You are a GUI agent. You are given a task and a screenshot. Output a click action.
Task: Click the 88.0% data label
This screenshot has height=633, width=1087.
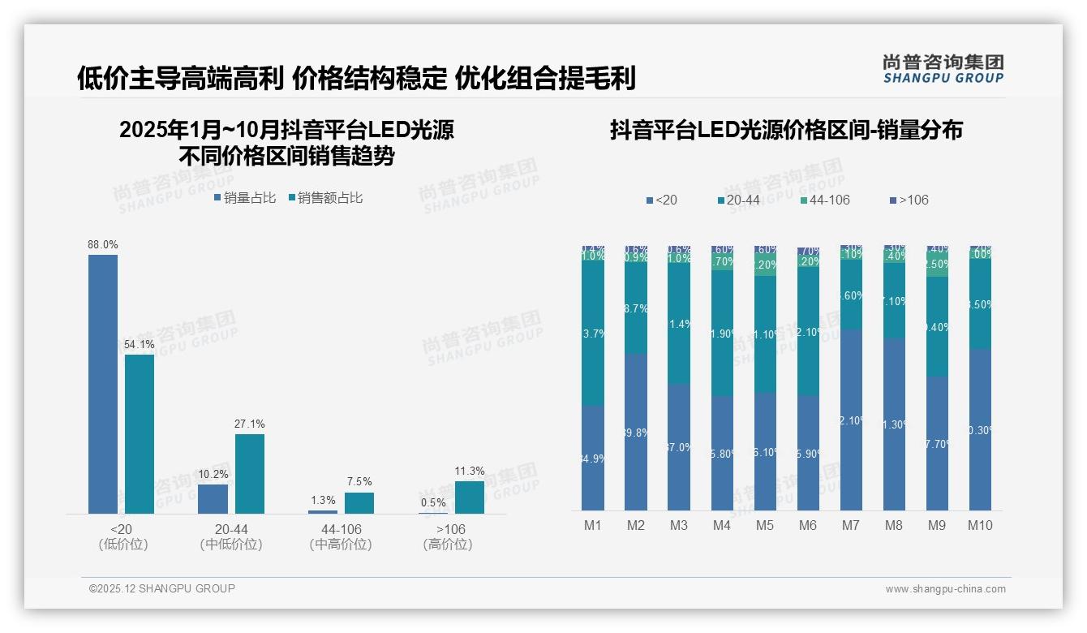click(103, 244)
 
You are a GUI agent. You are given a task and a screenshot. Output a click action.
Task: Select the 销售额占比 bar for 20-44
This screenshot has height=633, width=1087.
click(250, 473)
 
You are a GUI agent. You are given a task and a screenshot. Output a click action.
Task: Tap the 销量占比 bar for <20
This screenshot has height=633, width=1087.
click(103, 384)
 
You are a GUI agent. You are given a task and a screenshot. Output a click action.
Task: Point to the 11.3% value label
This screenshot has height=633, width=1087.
click(470, 471)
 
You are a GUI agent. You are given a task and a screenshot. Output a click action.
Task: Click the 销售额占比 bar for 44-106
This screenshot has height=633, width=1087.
click(359, 502)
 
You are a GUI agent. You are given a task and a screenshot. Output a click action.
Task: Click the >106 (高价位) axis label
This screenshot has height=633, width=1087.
click(447, 536)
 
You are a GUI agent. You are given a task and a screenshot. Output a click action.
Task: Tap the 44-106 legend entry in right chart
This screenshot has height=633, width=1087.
click(824, 200)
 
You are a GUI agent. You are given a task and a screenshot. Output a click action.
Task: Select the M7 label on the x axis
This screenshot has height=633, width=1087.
click(850, 525)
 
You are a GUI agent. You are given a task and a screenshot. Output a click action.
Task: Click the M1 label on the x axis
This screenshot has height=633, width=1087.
click(593, 525)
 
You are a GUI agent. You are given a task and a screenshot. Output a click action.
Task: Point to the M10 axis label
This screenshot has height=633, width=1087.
click(980, 525)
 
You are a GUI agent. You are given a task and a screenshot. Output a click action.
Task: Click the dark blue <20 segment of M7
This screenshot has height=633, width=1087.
click(850, 420)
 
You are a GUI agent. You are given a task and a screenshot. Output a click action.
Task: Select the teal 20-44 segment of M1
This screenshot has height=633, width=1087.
click(593, 333)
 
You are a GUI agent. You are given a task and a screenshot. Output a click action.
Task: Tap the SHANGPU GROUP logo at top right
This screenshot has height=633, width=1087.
click(943, 69)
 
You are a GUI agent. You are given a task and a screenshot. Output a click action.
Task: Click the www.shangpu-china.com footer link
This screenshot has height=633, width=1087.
click(945, 589)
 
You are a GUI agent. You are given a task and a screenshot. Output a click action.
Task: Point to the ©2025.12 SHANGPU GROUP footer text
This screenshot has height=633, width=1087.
click(162, 588)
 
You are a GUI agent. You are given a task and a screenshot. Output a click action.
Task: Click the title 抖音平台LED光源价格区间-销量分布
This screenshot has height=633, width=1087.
click(785, 130)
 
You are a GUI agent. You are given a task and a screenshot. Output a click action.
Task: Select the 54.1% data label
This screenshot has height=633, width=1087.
click(140, 345)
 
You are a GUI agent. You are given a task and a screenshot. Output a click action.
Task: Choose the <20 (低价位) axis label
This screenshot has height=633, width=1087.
click(122, 536)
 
